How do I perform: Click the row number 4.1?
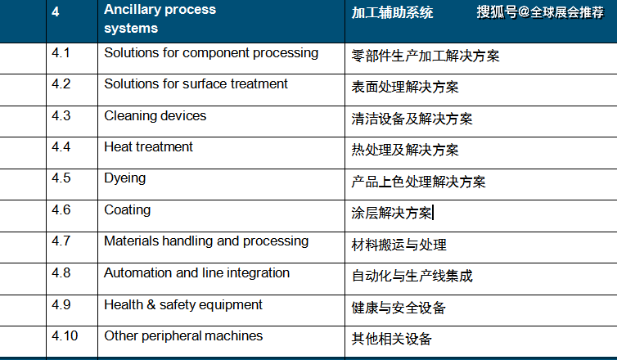click(x=61, y=52)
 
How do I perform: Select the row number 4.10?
click(x=65, y=336)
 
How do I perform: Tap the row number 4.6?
click(x=61, y=209)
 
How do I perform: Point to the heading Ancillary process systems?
click(x=160, y=19)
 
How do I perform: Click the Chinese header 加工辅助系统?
click(x=392, y=12)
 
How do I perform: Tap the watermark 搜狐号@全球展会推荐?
click(x=540, y=12)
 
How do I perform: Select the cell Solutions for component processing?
click(x=211, y=53)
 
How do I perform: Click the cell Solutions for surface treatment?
click(x=196, y=83)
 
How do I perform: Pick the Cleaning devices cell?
click(x=155, y=115)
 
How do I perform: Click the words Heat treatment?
click(x=148, y=146)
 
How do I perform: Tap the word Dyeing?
click(x=124, y=178)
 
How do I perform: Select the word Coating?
click(x=127, y=210)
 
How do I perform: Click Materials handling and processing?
click(x=206, y=241)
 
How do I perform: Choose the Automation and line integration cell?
click(x=196, y=273)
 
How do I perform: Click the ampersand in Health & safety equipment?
click(x=151, y=305)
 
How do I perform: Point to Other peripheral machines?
click(x=183, y=336)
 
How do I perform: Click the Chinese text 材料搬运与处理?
click(x=399, y=245)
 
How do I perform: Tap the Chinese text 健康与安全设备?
click(x=399, y=308)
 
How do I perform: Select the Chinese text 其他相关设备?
click(x=391, y=339)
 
